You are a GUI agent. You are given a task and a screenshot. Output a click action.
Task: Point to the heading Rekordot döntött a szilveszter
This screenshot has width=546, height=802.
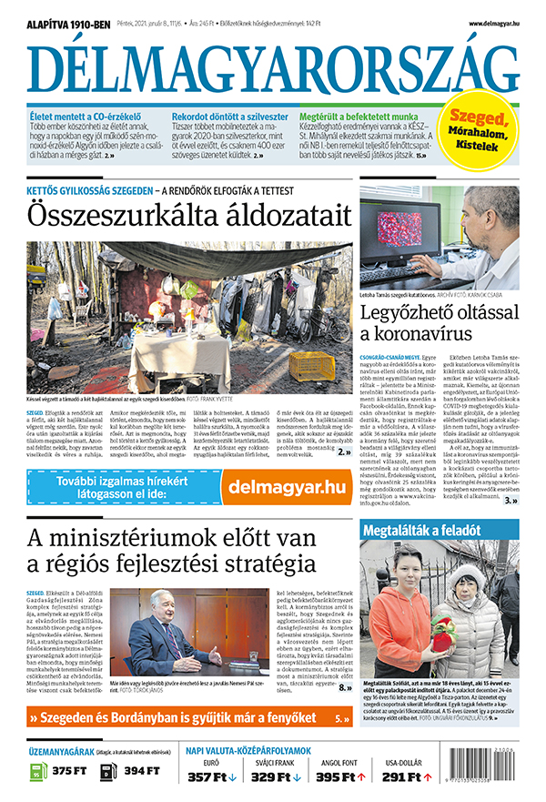pyautogui.click(x=230, y=117)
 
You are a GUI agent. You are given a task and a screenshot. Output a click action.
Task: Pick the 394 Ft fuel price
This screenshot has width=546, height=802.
pyautogui.click(x=140, y=772)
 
